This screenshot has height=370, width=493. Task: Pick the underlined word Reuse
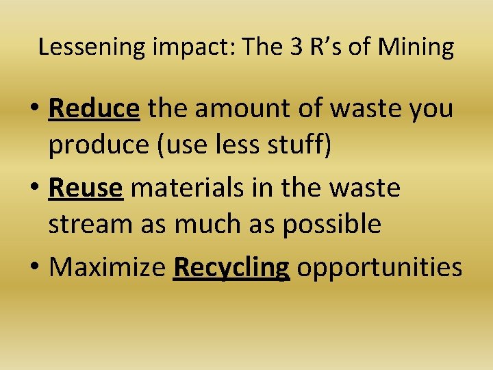click(x=86, y=187)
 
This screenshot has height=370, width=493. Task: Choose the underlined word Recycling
click(x=231, y=267)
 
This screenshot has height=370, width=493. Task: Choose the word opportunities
click(x=379, y=267)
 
